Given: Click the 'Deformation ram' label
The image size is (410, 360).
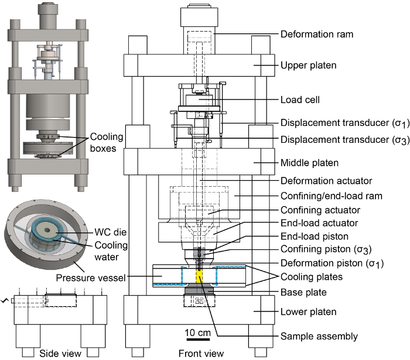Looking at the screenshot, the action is pos(317,34).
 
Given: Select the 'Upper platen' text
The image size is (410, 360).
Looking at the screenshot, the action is pos(309,66).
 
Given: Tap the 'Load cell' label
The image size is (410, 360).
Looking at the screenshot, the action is pos(300,100).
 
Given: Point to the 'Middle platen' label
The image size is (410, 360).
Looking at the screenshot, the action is pos(310,163).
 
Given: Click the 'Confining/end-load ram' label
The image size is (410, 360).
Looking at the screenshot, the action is pos(332,196).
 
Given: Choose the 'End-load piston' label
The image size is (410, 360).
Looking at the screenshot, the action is pos(315,236).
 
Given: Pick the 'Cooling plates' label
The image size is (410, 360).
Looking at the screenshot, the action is pos(312,277).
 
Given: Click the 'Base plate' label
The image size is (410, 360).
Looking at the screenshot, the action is pos(303,292).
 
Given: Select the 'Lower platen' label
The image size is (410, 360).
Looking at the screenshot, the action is pos(309,312).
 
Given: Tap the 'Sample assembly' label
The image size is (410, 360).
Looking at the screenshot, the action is pos(319,337).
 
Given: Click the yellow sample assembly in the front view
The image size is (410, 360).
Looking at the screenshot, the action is pos(200,276).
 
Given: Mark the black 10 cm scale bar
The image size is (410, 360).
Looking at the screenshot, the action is pos(198,340).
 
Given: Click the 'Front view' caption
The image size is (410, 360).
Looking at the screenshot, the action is pos(201,354).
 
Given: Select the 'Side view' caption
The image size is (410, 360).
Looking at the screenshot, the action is pos(60,354).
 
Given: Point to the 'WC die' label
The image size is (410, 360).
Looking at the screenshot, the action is pos(110,232).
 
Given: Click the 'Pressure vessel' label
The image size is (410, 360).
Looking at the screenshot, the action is pos(91,277).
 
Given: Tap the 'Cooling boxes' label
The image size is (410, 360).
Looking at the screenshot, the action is pos(107,143).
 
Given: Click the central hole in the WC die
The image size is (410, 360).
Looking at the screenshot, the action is pos(47,230).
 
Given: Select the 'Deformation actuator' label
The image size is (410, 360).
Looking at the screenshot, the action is pos(326,181).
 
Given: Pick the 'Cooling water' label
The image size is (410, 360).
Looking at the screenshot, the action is pos(111,251).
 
